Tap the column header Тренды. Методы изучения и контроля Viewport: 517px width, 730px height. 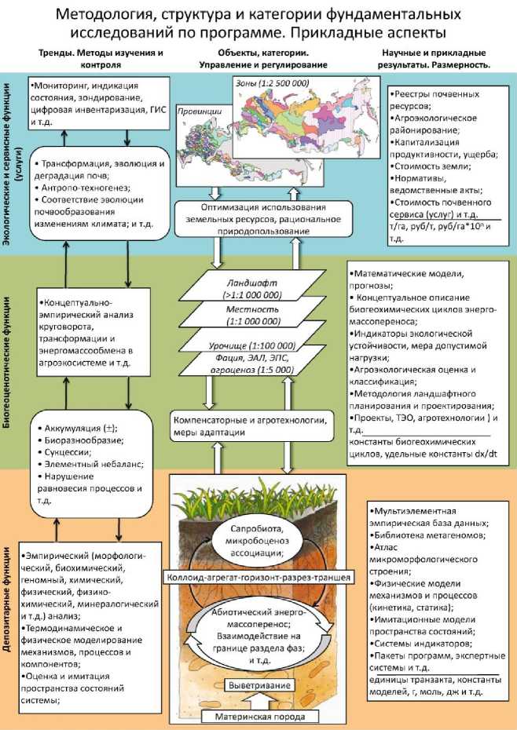click(x=101, y=59)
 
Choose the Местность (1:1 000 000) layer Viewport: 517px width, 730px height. click(x=259, y=316)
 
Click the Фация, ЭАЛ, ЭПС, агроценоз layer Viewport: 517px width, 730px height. click(x=255, y=365)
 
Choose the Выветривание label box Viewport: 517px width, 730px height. click(x=260, y=685)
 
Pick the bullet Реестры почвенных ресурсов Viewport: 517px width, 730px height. click(x=433, y=98)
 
